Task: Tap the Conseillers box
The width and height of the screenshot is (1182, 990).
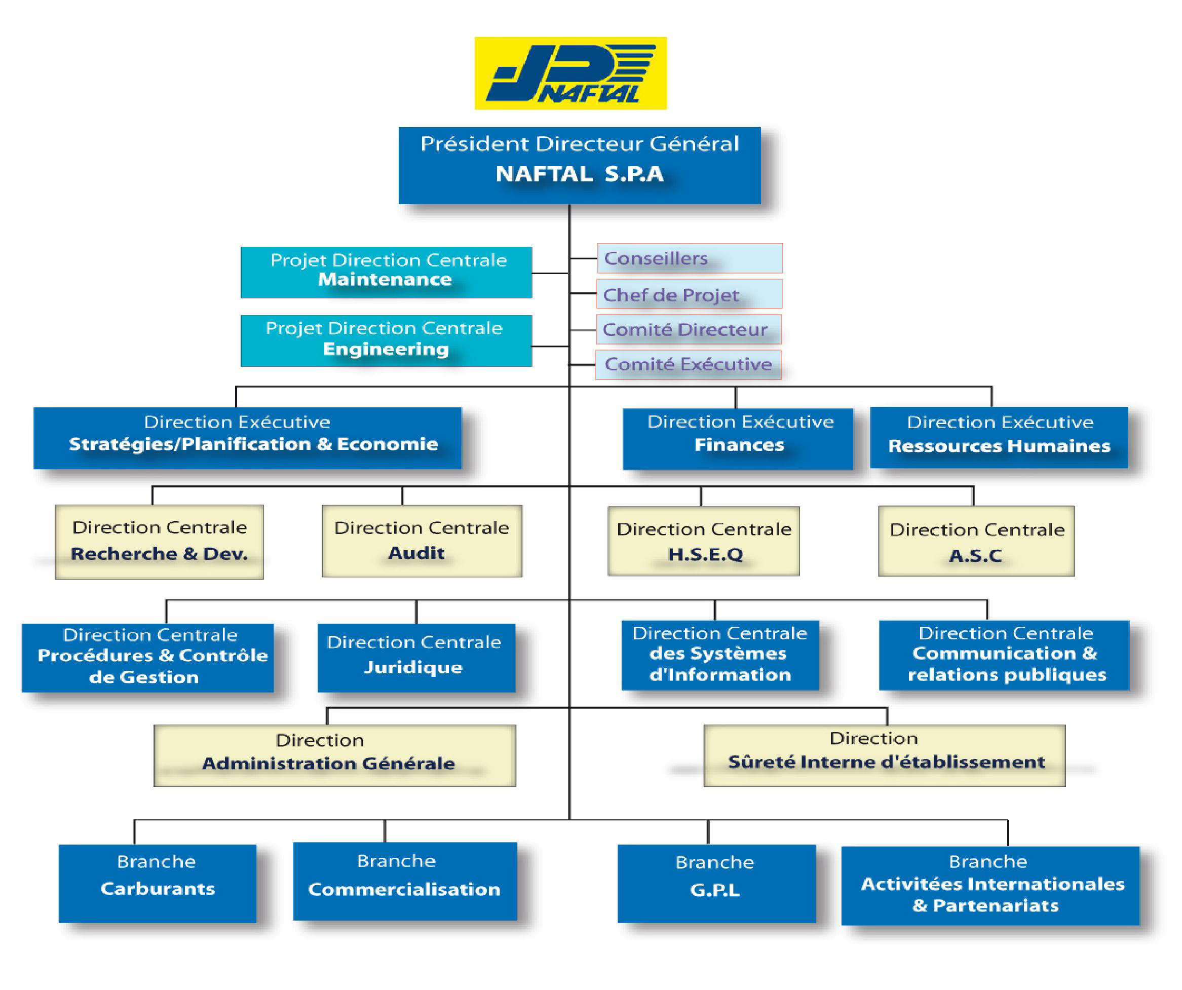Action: click(690, 258)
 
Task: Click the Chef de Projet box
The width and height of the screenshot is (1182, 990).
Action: click(689, 294)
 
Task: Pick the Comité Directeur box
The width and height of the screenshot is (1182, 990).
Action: click(689, 329)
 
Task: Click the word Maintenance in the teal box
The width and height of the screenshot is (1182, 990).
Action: click(385, 280)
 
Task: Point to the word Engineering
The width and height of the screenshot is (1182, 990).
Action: click(386, 349)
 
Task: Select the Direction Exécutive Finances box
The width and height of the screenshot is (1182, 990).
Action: click(738, 438)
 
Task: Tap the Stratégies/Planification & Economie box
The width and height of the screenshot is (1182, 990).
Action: click(248, 438)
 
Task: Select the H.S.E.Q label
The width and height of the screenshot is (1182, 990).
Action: click(705, 554)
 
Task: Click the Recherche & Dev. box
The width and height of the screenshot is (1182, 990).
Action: click(159, 542)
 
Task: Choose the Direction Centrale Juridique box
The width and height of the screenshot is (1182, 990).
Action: click(416, 657)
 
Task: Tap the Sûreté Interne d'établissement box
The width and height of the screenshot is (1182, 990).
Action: click(884, 755)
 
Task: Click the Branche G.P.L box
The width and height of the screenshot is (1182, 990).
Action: click(716, 883)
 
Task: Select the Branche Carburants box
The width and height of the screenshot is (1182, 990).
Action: click(158, 883)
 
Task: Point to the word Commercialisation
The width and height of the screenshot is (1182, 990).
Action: click(404, 889)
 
